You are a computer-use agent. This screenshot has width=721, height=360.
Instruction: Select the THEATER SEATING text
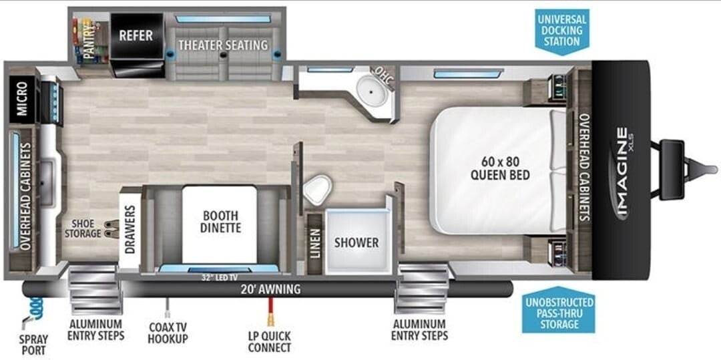click(223, 45)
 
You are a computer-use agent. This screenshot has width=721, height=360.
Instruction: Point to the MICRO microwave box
click(21, 100)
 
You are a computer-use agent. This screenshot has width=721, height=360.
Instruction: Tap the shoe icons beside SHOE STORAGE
click(111, 229)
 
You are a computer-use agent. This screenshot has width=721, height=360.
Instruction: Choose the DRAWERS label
click(130, 230)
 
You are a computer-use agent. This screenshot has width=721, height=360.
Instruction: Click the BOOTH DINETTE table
click(220, 224)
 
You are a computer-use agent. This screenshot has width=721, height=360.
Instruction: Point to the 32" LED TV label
click(219, 277)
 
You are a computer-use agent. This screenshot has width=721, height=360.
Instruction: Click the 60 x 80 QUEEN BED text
click(500, 168)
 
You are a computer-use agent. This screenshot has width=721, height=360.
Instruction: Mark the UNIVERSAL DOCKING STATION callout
click(563, 31)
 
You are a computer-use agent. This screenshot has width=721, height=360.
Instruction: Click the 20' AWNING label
click(271, 290)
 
